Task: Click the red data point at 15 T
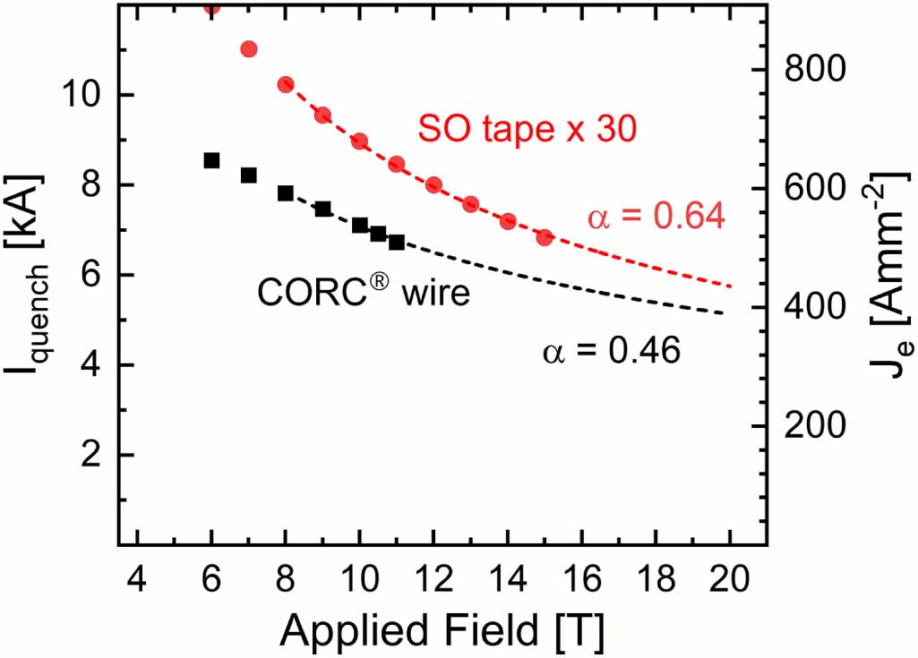click(545, 237)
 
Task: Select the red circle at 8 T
click(286, 84)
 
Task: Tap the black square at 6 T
click(211, 160)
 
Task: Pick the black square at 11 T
click(397, 243)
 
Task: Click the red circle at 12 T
click(433, 185)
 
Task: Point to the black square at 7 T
click(249, 175)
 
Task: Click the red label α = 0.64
click(656, 217)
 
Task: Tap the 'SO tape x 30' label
click(527, 130)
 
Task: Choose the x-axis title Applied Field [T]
click(442, 630)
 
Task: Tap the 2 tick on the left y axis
click(91, 455)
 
